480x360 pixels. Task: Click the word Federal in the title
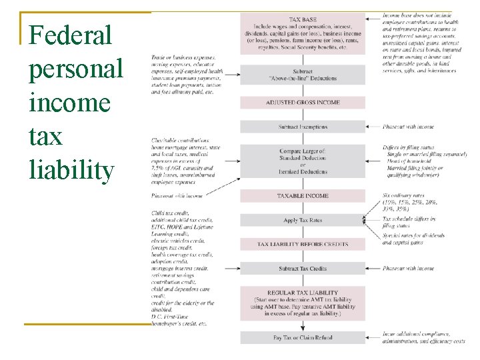tap(71, 35)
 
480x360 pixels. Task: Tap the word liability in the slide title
tap(71, 169)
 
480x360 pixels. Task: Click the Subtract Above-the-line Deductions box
tap(303, 73)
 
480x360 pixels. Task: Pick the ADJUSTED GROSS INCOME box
tap(303, 103)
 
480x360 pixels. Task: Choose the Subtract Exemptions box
tap(303, 127)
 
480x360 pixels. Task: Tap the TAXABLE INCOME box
tap(303, 196)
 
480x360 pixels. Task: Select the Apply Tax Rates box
tap(303, 220)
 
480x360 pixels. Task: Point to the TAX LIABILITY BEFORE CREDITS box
tap(303, 244)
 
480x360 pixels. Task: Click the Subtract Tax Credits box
tap(303, 269)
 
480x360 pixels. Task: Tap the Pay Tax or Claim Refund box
tap(303, 338)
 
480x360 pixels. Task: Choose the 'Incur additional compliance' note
tap(420, 333)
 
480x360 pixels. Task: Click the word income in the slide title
tap(69, 103)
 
